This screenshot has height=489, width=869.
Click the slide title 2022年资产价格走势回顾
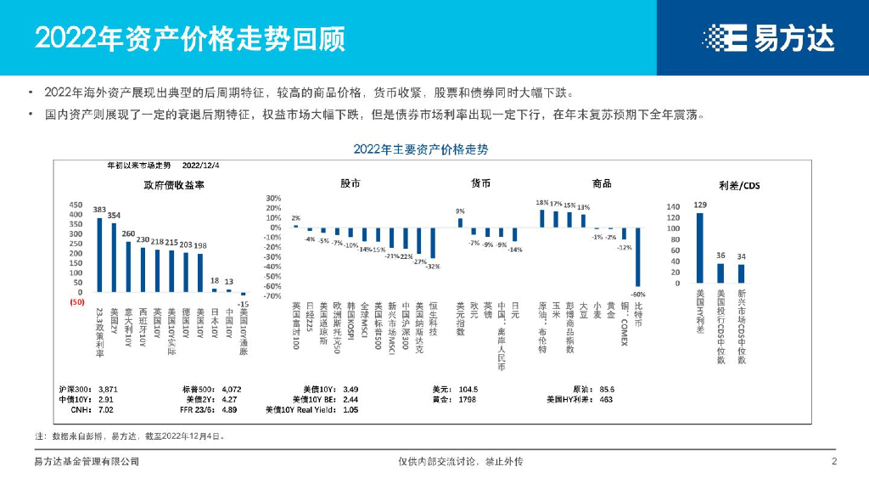coord(190,37)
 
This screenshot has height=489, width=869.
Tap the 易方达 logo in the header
coord(768,37)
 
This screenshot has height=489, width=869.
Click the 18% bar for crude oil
coord(542,218)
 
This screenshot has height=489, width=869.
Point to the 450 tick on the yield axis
coord(76,205)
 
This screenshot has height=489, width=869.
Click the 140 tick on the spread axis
coord(675,206)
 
